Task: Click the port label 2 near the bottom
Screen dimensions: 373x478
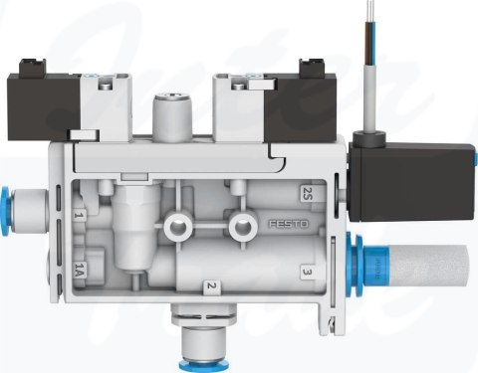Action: pos(210,287)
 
